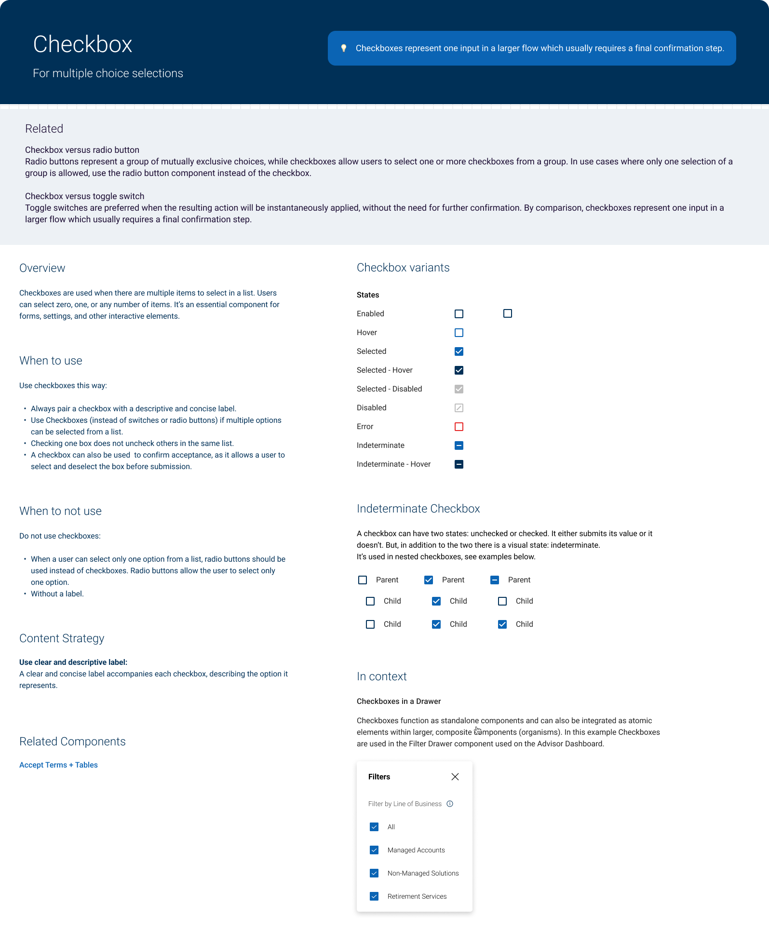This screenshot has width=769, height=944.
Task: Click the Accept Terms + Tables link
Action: (58, 765)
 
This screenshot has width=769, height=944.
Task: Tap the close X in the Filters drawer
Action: (455, 776)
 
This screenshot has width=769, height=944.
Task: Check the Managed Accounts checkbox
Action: (374, 850)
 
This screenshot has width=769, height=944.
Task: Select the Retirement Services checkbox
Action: (374, 896)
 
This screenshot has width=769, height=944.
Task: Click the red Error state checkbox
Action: (459, 427)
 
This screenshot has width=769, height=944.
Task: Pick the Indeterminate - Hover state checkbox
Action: (459, 464)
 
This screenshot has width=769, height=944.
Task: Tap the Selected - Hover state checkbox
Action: (459, 370)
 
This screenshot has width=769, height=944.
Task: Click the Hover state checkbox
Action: (459, 333)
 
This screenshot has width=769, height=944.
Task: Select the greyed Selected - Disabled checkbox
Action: (459, 389)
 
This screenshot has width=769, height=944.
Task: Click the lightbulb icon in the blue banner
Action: (344, 48)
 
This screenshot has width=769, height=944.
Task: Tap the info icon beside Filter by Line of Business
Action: (450, 804)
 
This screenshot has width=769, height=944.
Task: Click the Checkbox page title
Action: (82, 44)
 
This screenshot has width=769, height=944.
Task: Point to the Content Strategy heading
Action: (62, 638)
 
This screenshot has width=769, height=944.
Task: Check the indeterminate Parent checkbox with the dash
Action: (495, 580)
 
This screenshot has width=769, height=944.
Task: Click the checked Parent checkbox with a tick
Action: (429, 580)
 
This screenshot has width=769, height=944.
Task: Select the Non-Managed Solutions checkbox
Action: (374, 873)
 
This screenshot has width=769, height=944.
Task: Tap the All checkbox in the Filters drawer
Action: (374, 827)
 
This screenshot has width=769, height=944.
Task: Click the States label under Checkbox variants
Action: (368, 295)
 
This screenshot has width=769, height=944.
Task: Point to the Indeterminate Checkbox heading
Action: (418, 509)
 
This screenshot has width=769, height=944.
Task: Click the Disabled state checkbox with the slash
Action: (459, 408)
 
